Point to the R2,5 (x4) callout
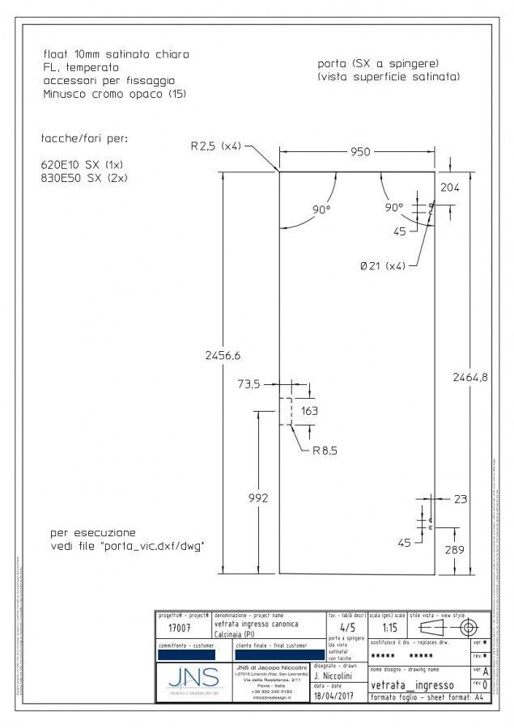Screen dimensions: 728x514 (215, 146)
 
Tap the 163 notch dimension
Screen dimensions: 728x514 (310, 410)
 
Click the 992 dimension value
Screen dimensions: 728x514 (257, 498)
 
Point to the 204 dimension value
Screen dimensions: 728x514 (449, 187)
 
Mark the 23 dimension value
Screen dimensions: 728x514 (460, 499)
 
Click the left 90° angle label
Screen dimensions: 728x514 (321, 210)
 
